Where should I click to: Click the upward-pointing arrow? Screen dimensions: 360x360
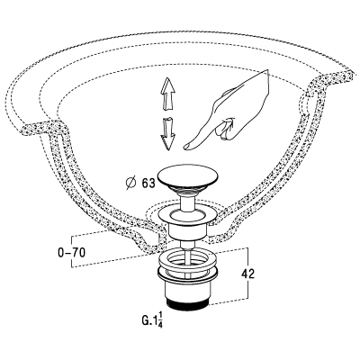tap(168, 94)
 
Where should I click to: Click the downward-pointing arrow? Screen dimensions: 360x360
tap(168, 133)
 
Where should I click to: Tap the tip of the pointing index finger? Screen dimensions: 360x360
tap(184, 147)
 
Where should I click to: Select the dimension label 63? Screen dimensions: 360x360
tap(148, 183)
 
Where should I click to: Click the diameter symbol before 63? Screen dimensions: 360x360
tap(131, 184)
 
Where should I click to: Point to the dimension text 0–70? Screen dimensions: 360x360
tap(72, 253)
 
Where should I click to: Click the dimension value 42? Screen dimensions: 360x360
tap(247, 274)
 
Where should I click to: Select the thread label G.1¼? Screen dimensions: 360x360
tap(152, 319)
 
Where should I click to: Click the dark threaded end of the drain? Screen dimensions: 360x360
tap(186, 301)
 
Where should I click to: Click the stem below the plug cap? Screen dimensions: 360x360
tap(186, 203)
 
